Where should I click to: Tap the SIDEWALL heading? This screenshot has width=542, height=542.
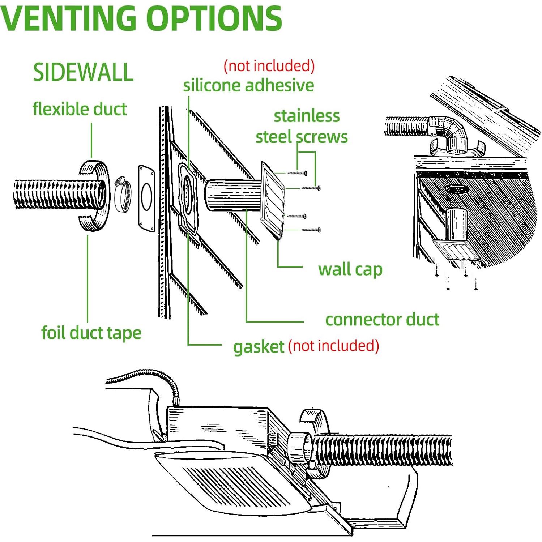coord(83,72)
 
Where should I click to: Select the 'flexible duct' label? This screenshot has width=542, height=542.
coord(80,109)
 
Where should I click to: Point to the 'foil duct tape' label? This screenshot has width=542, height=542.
coord(91,333)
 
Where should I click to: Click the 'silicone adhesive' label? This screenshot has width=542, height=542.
coord(248,86)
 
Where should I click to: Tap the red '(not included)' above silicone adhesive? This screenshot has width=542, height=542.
coord(269,66)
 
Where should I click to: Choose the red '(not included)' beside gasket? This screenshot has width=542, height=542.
coord(333,346)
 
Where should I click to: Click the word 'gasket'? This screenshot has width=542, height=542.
coord(259,346)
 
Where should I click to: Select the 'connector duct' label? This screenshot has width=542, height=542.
coord(382,320)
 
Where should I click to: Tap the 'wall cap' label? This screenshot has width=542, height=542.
coord(350,269)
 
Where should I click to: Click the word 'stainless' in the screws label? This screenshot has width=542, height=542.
coord(307,116)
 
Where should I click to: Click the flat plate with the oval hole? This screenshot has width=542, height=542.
coord(146,198)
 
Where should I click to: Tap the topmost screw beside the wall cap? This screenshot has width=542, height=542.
coord(298,173)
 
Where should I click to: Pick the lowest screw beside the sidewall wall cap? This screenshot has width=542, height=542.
coord(311,230)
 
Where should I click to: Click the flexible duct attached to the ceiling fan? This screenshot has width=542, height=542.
coord(383,450)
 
